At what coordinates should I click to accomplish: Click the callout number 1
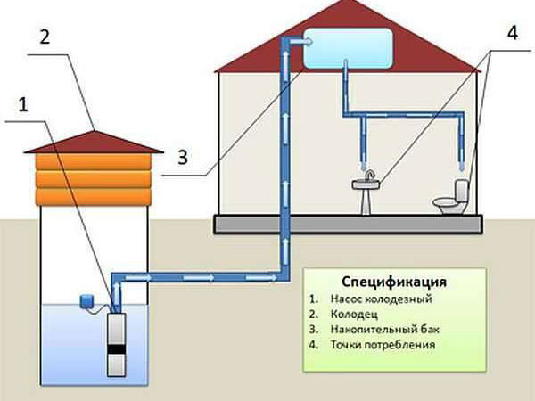coord(23,104)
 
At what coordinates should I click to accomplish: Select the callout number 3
coord(181,158)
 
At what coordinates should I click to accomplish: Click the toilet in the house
coord(452,201)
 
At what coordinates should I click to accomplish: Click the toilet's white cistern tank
coord(463,191)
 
